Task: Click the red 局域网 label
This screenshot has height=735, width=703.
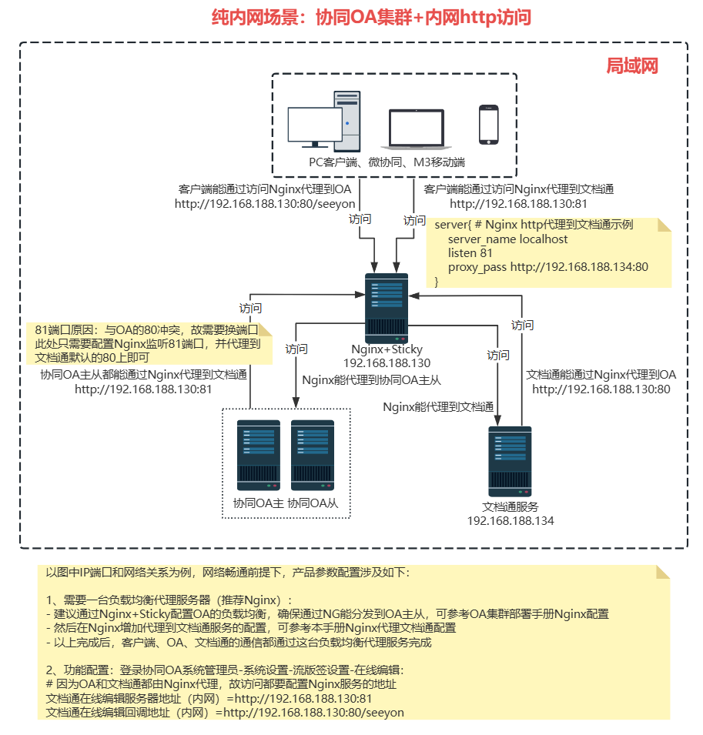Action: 632,65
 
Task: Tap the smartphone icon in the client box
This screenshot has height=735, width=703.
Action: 488,124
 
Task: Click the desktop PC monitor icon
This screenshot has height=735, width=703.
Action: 314,126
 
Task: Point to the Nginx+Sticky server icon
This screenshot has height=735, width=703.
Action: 385,309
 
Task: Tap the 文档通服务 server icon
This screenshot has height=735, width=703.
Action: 509,461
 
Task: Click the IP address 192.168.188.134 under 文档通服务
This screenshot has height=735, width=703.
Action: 510,521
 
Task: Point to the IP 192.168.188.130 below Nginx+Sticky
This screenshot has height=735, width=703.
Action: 387,363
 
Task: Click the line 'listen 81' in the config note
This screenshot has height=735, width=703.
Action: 470,253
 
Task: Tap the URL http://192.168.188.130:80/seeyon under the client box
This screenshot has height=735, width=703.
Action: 263,204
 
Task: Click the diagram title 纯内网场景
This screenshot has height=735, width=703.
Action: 371,17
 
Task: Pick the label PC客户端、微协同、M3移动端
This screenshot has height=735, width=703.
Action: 387,162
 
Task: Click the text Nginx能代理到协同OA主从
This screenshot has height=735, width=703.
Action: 371,380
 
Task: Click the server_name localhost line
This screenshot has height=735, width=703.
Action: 507,239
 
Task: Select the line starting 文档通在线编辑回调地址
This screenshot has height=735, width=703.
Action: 225,713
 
